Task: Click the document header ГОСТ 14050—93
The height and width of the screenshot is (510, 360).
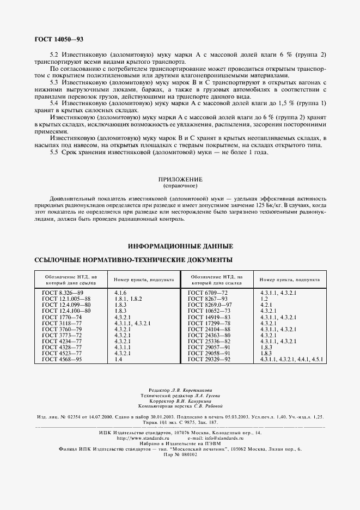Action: click(59, 39)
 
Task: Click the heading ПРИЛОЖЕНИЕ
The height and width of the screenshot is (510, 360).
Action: click(180, 179)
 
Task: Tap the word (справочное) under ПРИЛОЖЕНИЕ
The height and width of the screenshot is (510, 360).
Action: click(180, 185)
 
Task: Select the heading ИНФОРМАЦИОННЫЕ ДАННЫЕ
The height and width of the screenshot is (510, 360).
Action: click(180, 246)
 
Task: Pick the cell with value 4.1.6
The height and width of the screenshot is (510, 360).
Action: click(120, 293)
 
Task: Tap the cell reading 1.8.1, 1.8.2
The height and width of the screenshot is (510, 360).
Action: click(129, 299)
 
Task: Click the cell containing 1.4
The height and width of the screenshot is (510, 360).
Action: click(118, 359)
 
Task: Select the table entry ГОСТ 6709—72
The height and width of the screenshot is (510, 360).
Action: click(209, 293)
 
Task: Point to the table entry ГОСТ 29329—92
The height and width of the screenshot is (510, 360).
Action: click(210, 359)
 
